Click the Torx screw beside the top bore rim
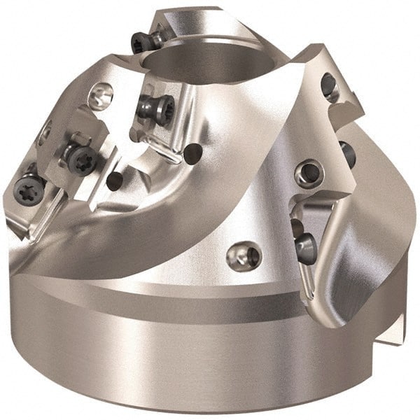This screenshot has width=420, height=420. tap(141, 43)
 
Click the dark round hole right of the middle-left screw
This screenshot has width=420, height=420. tap(115, 181)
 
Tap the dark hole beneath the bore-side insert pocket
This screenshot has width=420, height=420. tap(195, 151)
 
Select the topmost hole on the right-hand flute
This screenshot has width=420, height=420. tap(328, 85)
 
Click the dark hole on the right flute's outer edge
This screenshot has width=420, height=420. tap(347, 153)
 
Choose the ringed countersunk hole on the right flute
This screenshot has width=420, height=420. tap(309, 172)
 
